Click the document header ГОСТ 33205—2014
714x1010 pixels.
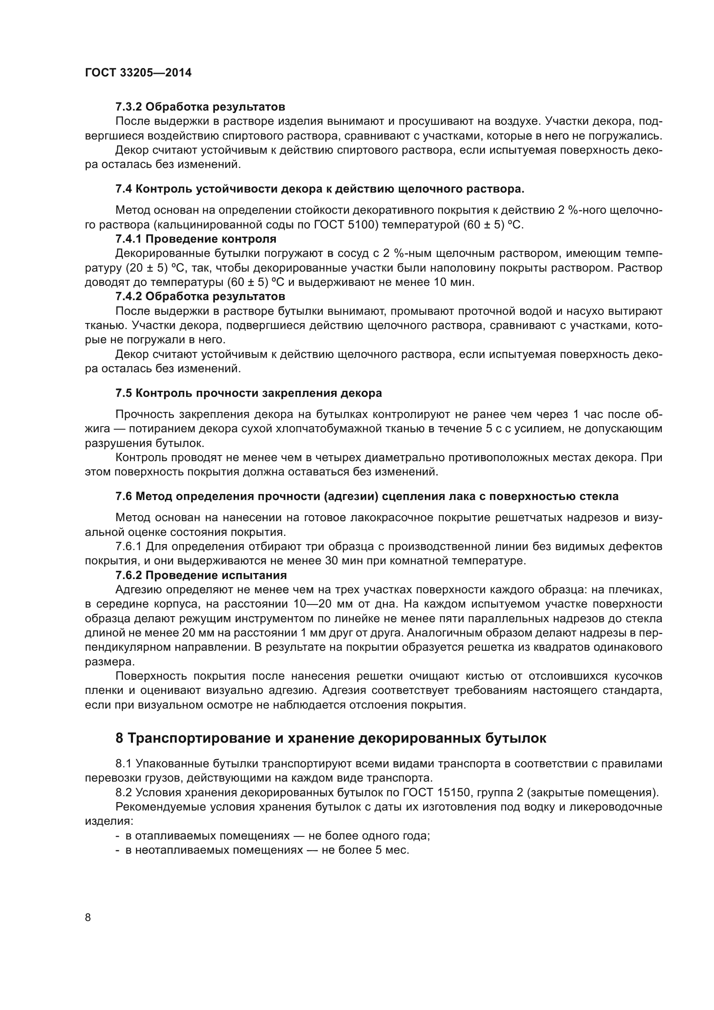coord(138,73)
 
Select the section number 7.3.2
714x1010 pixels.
coord(128,107)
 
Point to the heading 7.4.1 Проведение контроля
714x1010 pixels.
coord(196,239)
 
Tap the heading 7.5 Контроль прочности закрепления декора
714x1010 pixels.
coord(248,393)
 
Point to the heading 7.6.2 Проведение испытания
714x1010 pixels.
coord(201,575)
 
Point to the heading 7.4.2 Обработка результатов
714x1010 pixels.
coord(200,297)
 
